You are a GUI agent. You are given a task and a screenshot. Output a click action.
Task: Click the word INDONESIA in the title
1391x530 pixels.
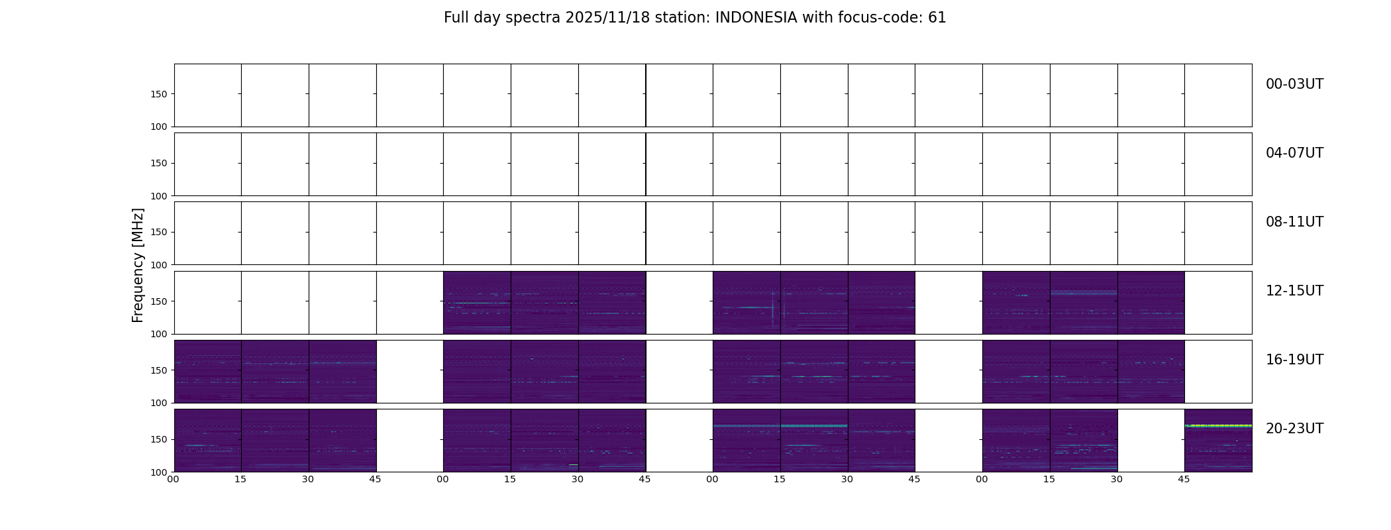pyautogui.click(x=756, y=18)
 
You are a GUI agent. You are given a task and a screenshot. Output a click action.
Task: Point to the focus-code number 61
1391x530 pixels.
pyautogui.click(x=937, y=18)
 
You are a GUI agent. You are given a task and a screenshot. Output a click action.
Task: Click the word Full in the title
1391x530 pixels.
pyautogui.click(x=456, y=18)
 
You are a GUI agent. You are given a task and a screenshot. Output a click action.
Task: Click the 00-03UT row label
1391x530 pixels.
pyautogui.click(x=1294, y=84)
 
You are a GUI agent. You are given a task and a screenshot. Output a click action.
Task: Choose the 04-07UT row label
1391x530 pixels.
pyautogui.click(x=1294, y=153)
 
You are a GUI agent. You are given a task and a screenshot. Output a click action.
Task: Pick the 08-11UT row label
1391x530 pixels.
pyautogui.click(x=1294, y=222)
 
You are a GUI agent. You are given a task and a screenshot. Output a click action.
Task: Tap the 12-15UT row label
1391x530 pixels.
pyautogui.click(x=1294, y=291)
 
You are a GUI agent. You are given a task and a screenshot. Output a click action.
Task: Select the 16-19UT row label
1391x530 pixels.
pyautogui.click(x=1294, y=360)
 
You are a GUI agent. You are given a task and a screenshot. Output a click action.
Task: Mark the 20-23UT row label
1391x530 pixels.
pyautogui.click(x=1294, y=429)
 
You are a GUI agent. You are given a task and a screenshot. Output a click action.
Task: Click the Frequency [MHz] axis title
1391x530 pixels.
pyautogui.click(x=138, y=265)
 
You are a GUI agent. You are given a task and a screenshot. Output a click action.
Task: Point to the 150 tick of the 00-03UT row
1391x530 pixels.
pyautogui.click(x=159, y=94)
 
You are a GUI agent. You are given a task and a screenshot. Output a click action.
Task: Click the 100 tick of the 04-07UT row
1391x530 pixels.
pyautogui.click(x=159, y=196)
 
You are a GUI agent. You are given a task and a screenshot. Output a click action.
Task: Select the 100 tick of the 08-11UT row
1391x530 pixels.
pyautogui.click(x=159, y=265)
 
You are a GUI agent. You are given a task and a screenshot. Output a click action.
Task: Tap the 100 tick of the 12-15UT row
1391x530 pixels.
pyautogui.click(x=159, y=334)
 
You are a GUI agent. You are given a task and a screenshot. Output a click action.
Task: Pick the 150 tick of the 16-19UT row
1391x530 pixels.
pyautogui.click(x=159, y=370)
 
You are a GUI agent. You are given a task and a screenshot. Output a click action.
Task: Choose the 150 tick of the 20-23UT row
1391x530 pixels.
pyautogui.click(x=159, y=439)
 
